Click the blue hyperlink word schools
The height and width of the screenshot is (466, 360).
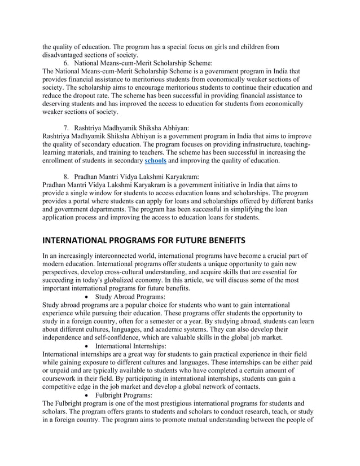point(155,161)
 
